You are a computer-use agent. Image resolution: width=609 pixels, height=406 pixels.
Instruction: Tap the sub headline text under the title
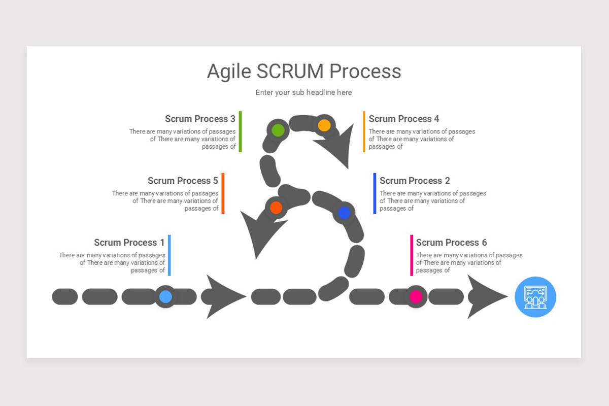pyautogui.click(x=303, y=92)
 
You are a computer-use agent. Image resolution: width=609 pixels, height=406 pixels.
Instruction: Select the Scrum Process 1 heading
pyautogui.click(x=129, y=243)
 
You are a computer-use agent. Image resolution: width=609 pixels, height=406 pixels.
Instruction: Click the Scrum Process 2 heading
pyautogui.click(x=415, y=181)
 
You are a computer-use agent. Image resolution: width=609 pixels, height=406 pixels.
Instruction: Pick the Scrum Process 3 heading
pyautogui.click(x=200, y=119)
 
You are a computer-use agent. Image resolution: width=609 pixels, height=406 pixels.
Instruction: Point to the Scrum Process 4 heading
pyautogui.click(x=403, y=119)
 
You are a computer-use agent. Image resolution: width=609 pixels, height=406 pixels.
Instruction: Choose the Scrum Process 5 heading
pyautogui.click(x=183, y=181)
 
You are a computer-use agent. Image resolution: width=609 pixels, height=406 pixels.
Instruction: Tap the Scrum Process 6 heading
pyautogui.click(x=451, y=243)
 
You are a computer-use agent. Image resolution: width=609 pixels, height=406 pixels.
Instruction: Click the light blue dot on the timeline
pyautogui.click(x=165, y=297)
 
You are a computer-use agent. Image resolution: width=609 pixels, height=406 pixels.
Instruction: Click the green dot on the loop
pyautogui.click(x=278, y=130)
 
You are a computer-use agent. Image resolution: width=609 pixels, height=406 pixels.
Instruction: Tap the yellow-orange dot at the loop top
pyautogui.click(x=324, y=125)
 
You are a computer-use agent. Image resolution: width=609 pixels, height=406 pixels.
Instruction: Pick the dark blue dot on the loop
pyautogui.click(x=344, y=213)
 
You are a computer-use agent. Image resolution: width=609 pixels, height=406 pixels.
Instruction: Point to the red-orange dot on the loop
pyautogui.click(x=276, y=208)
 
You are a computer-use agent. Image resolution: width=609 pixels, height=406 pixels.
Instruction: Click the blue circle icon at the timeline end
pyautogui.click(x=535, y=297)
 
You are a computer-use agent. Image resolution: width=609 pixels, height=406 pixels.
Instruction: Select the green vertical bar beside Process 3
pyautogui.click(x=240, y=131)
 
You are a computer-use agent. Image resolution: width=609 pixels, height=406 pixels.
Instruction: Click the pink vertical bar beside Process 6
pyautogui.click(x=412, y=255)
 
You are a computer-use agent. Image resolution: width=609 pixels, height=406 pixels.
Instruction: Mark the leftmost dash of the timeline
pyautogui.click(x=65, y=297)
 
